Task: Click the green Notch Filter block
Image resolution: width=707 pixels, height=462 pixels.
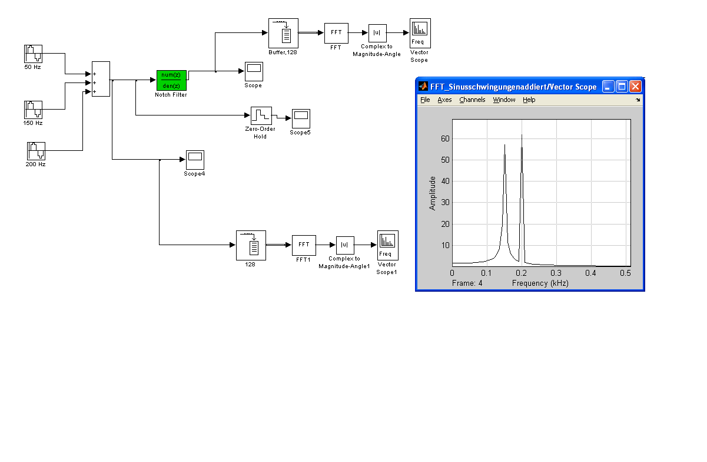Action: pyautogui.click(x=171, y=80)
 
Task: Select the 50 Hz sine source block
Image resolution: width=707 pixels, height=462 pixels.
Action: pyautogui.click(x=33, y=54)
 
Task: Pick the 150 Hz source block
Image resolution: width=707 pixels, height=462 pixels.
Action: pyautogui.click(x=33, y=110)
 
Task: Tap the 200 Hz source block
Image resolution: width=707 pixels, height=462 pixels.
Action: pyautogui.click(x=36, y=151)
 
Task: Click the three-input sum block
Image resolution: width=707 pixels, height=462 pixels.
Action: pyautogui.click(x=101, y=79)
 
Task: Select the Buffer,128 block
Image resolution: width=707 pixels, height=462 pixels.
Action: pyautogui.click(x=283, y=33)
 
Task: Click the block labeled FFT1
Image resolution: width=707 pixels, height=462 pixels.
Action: pyautogui.click(x=304, y=245)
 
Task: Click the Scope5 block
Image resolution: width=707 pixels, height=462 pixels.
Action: pyautogui.click(x=300, y=118)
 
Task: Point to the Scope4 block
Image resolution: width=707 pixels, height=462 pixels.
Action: pyautogui.click(x=194, y=159)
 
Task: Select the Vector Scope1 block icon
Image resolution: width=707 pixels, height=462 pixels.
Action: pyautogui.click(x=387, y=245)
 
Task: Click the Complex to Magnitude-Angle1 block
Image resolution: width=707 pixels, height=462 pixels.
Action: pyautogui.click(x=344, y=245)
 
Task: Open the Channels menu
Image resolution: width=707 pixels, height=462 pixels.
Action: pyautogui.click(x=472, y=100)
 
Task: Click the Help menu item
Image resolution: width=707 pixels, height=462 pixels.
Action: pyautogui.click(x=529, y=100)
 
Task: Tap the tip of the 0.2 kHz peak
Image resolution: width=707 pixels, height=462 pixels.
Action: pyautogui.click(x=522, y=136)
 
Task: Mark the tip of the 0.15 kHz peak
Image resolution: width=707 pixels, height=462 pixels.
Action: pyautogui.click(x=504, y=145)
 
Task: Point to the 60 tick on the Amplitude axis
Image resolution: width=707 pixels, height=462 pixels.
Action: pyautogui.click(x=446, y=138)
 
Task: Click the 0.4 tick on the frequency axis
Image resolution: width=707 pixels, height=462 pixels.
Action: pyautogui.click(x=591, y=273)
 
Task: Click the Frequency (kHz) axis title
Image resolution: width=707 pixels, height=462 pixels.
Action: pyautogui.click(x=540, y=283)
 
